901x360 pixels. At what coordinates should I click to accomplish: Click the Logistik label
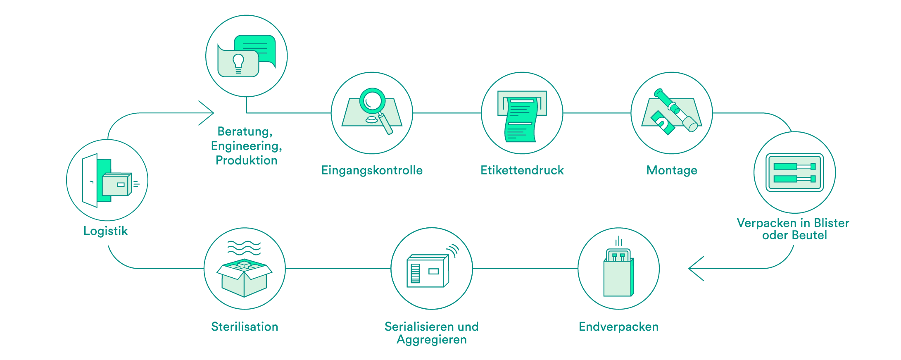(x=105, y=231)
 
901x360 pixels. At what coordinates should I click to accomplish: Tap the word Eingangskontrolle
(x=372, y=170)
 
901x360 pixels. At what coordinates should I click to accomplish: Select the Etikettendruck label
(x=522, y=170)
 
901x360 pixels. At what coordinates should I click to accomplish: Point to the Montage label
(x=672, y=170)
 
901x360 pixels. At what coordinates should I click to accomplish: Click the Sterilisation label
(x=245, y=327)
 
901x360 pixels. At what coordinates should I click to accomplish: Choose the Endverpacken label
(x=618, y=327)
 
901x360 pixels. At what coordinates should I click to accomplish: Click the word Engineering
(x=245, y=146)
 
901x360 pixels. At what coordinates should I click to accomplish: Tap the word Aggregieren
(x=432, y=340)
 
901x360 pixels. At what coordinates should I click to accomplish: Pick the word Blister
(x=831, y=223)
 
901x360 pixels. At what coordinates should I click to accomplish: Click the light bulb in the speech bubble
(x=238, y=63)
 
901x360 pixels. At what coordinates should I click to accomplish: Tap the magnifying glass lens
(x=373, y=100)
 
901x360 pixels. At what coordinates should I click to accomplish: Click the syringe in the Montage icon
(x=676, y=110)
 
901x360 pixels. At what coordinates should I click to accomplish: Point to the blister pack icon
(x=794, y=173)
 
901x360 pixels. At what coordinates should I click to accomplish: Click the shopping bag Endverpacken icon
(x=618, y=273)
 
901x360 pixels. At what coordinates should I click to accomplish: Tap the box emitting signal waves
(x=428, y=271)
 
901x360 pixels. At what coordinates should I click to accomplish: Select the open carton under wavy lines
(x=245, y=278)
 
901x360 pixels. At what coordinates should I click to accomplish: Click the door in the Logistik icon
(x=90, y=181)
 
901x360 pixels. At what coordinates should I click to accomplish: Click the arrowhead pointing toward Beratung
(x=206, y=113)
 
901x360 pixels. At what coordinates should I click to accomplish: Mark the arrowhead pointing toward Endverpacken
(x=696, y=269)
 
